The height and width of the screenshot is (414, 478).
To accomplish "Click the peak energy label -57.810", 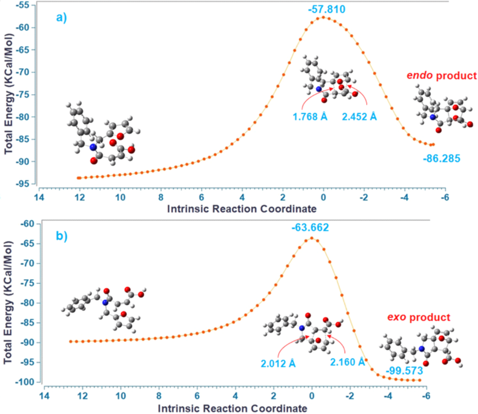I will (327, 8).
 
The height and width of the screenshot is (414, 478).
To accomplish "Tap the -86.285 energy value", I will (442, 159).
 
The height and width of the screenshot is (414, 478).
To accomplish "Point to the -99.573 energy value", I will (404, 371).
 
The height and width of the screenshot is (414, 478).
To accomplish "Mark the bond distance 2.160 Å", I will (347, 361).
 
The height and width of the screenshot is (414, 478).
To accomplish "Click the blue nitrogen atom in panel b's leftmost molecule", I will (105, 302).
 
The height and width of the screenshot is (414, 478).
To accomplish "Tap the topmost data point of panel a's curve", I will (323, 18).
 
